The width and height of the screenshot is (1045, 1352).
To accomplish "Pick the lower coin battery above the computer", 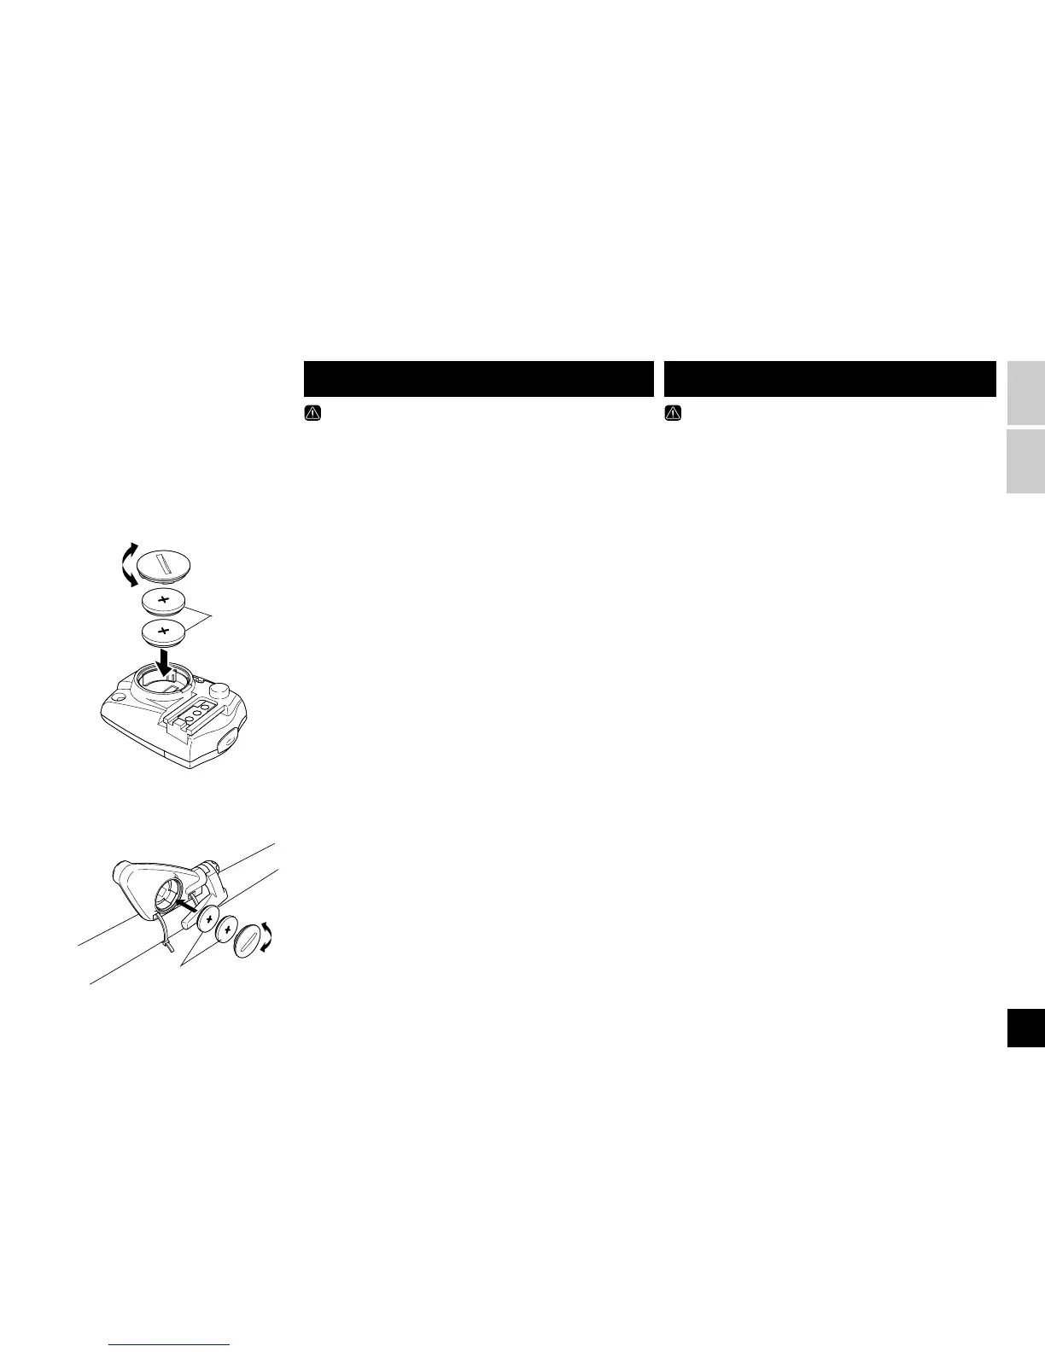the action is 164,632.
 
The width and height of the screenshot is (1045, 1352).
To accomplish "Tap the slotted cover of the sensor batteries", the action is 250,941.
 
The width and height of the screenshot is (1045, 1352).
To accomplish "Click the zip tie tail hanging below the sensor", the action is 168,943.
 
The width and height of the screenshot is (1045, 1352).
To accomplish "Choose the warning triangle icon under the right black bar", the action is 672,412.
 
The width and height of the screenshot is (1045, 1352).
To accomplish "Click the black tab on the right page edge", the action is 1025,1026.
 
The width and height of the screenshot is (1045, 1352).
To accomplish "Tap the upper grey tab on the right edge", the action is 1025,393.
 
